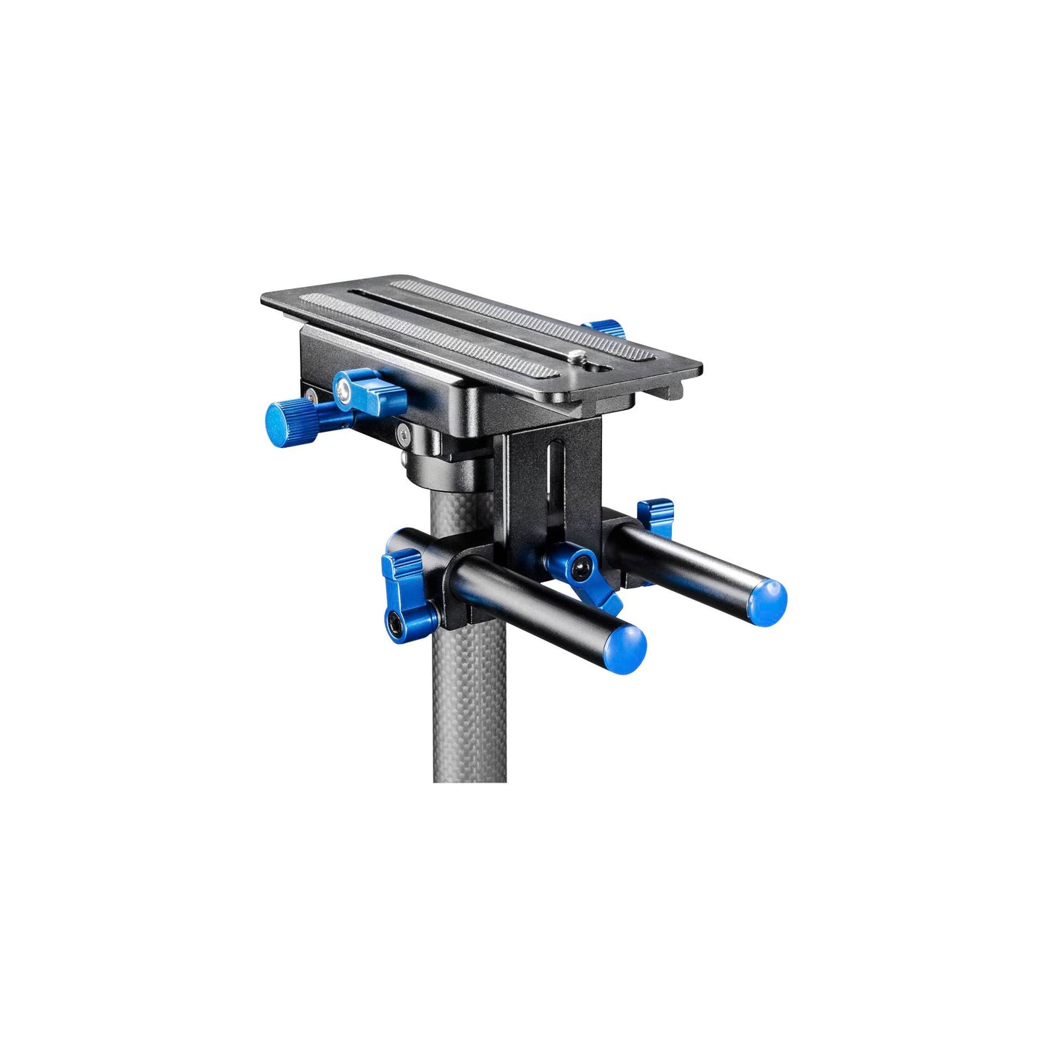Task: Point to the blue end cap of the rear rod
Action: (767, 601)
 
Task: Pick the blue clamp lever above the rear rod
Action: (656, 516)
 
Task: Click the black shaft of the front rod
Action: (536, 594)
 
